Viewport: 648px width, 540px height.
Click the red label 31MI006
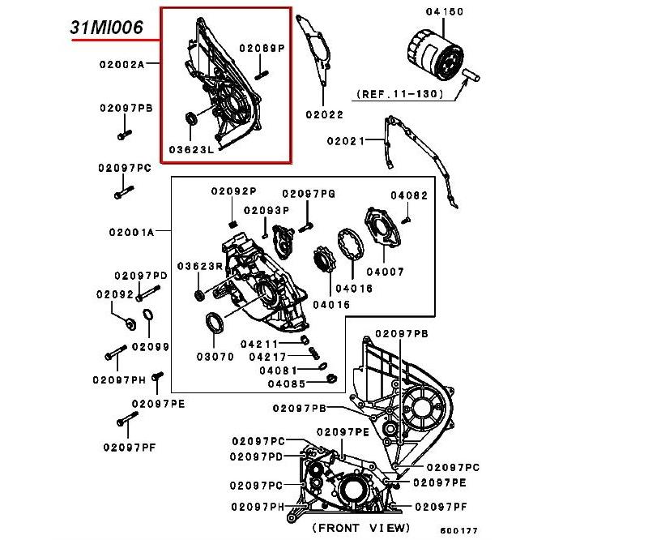[x=107, y=27]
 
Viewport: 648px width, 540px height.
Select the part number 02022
[x=326, y=114]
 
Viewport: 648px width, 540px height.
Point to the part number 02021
[x=347, y=140]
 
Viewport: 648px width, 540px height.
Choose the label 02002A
[x=122, y=63]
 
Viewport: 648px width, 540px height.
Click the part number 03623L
[x=191, y=149]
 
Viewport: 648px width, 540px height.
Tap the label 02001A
[x=132, y=231]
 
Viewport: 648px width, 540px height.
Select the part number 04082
[x=408, y=195]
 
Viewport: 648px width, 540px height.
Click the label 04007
[x=385, y=272]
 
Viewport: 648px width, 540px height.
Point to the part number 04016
[x=354, y=288]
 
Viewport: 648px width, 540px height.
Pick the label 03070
[x=215, y=356]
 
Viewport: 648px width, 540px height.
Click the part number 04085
[x=286, y=384]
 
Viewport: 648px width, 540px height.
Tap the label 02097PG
[x=309, y=194]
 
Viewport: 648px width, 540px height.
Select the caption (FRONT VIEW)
[x=361, y=528]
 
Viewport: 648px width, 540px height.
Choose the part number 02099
[x=150, y=346]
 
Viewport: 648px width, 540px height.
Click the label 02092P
[x=234, y=191]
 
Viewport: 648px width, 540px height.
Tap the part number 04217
[x=268, y=356]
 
